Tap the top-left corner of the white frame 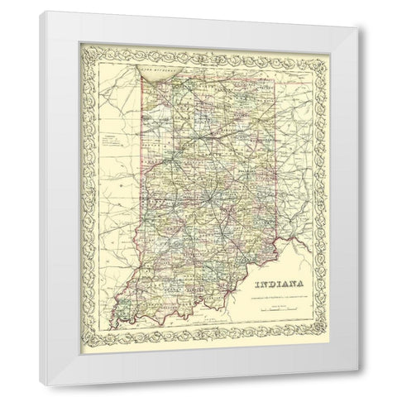click(x=37, y=12)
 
